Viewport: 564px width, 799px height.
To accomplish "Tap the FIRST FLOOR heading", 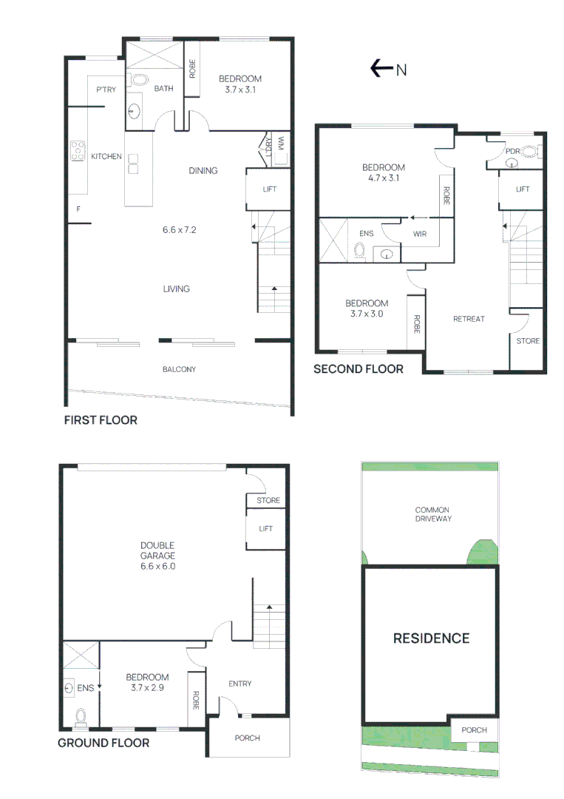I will (x=101, y=420).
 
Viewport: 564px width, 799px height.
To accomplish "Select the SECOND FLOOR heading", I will (x=359, y=369).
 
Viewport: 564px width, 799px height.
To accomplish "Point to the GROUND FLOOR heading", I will (x=103, y=743).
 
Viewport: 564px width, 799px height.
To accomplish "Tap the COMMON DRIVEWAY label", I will (x=432, y=514).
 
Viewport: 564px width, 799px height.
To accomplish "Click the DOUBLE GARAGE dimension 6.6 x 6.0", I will (x=157, y=567).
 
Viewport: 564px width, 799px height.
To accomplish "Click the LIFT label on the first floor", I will (x=270, y=189).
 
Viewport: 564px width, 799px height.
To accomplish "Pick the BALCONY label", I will (x=179, y=369).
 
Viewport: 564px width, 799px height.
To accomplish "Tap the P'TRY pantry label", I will (x=104, y=90).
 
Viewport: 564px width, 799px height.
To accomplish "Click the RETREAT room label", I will (x=469, y=319).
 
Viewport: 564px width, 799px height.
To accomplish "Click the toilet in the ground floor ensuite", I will (x=81, y=716).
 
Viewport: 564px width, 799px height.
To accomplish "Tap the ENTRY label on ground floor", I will (x=240, y=684).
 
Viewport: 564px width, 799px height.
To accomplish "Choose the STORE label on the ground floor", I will (x=268, y=500).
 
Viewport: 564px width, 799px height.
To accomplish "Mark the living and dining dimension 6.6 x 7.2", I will (x=180, y=230).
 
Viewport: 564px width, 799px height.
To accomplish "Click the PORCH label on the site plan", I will (x=474, y=730).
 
